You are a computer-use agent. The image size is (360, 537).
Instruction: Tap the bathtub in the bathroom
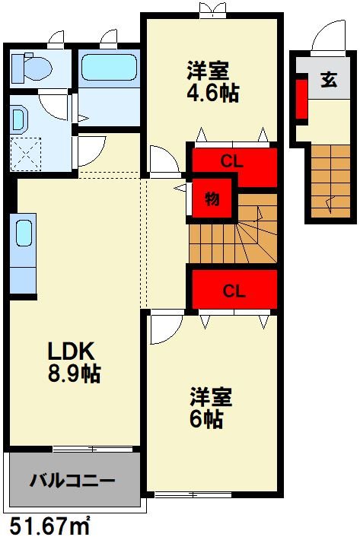coord(109,68)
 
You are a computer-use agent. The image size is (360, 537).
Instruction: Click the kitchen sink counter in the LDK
coord(23,251)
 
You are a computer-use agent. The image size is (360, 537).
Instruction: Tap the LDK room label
coord(70,351)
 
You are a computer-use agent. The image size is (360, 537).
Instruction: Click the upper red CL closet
coord(233,161)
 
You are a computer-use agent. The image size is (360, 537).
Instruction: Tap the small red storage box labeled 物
coord(212,200)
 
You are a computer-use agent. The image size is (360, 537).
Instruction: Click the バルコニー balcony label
coord(73,481)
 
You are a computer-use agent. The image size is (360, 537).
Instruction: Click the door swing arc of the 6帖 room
coord(164,329)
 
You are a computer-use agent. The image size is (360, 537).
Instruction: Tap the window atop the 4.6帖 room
coord(212,11)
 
